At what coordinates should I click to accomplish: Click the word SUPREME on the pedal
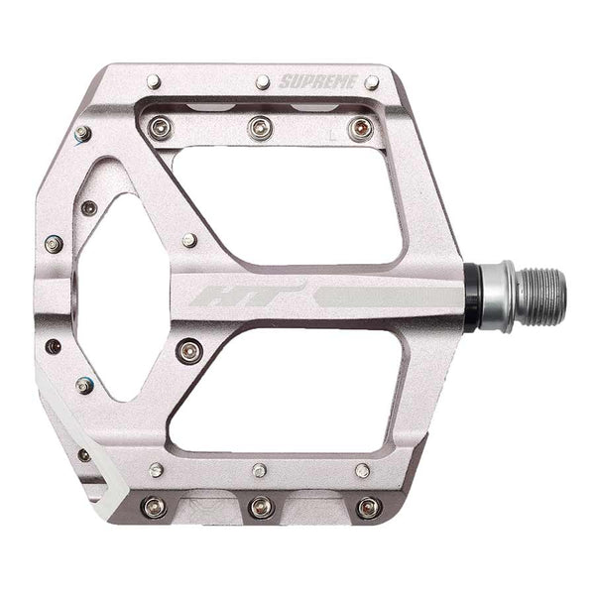pos(316,81)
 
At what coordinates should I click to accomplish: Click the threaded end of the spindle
pos(541,295)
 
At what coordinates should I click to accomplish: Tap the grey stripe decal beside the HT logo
pos(382,295)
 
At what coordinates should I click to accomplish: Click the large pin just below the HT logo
pos(189,349)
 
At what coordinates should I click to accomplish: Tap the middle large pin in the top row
pos(261,127)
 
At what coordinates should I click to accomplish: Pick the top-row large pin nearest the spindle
pos(361,128)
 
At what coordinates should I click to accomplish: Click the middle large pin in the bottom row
pos(261,507)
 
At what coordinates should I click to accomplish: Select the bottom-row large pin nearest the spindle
pos(368,507)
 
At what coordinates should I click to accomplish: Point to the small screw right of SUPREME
pos(371,82)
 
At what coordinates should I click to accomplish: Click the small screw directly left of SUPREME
pos(262,81)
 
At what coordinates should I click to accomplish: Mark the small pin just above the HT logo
pos(189,240)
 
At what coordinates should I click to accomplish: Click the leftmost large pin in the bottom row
pos(154,507)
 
